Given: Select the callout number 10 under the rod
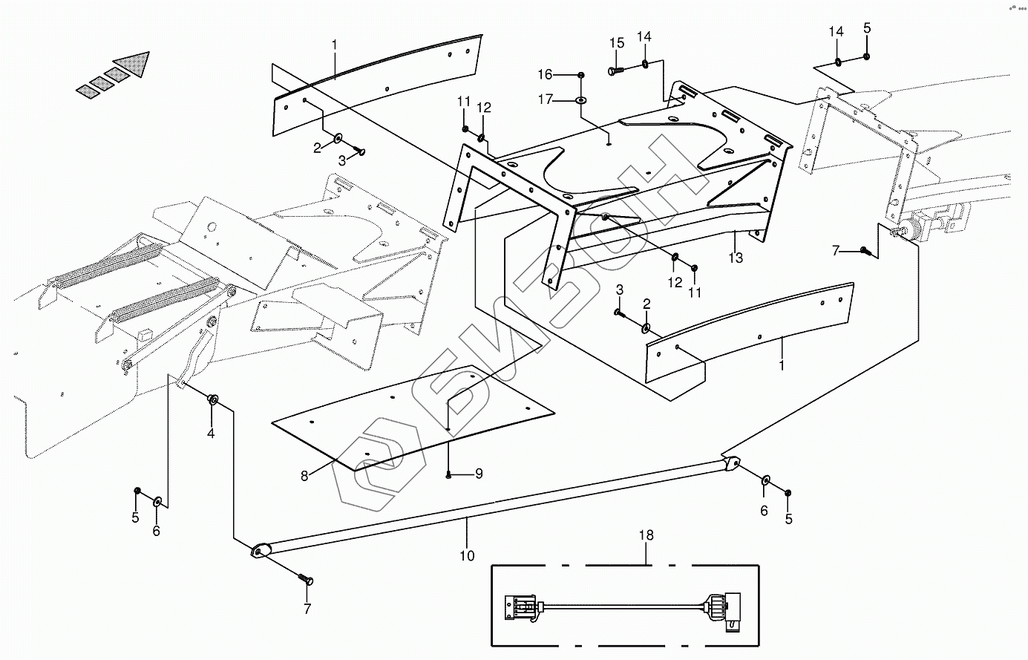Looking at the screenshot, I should coord(468,555).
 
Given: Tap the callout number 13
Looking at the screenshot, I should coord(736,258).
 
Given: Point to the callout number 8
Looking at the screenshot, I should coord(304,476).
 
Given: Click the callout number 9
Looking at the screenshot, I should coord(479,474).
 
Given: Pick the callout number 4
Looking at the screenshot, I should coord(211,434).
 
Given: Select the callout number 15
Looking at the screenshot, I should coord(617,43).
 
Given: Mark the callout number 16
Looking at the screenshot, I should coord(566,74).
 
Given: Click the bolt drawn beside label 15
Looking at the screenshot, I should coord(615,71).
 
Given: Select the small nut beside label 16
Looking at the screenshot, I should coord(581,74).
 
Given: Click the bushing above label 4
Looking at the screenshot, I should coord(212,400).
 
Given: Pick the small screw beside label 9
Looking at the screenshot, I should coord(450,474).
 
